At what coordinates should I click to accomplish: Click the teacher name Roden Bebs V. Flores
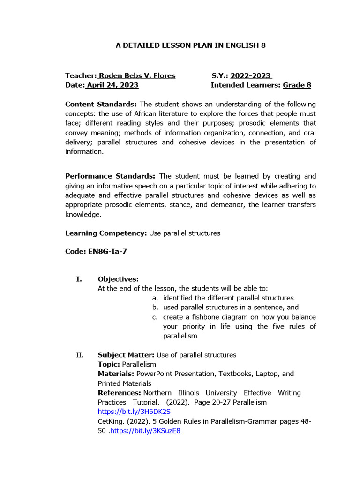click(136, 75)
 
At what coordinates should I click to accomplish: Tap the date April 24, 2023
click(112, 85)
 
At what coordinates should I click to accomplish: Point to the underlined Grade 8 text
click(297, 85)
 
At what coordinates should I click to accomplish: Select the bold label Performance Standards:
click(110, 176)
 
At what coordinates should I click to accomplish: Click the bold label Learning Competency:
click(106, 233)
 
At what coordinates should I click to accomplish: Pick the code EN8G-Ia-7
click(107, 251)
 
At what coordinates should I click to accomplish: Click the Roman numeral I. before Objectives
click(79, 279)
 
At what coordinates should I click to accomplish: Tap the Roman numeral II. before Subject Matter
click(80, 355)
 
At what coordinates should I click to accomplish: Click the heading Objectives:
click(118, 279)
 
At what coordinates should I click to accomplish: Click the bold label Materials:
click(116, 374)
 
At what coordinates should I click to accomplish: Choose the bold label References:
click(119, 393)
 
